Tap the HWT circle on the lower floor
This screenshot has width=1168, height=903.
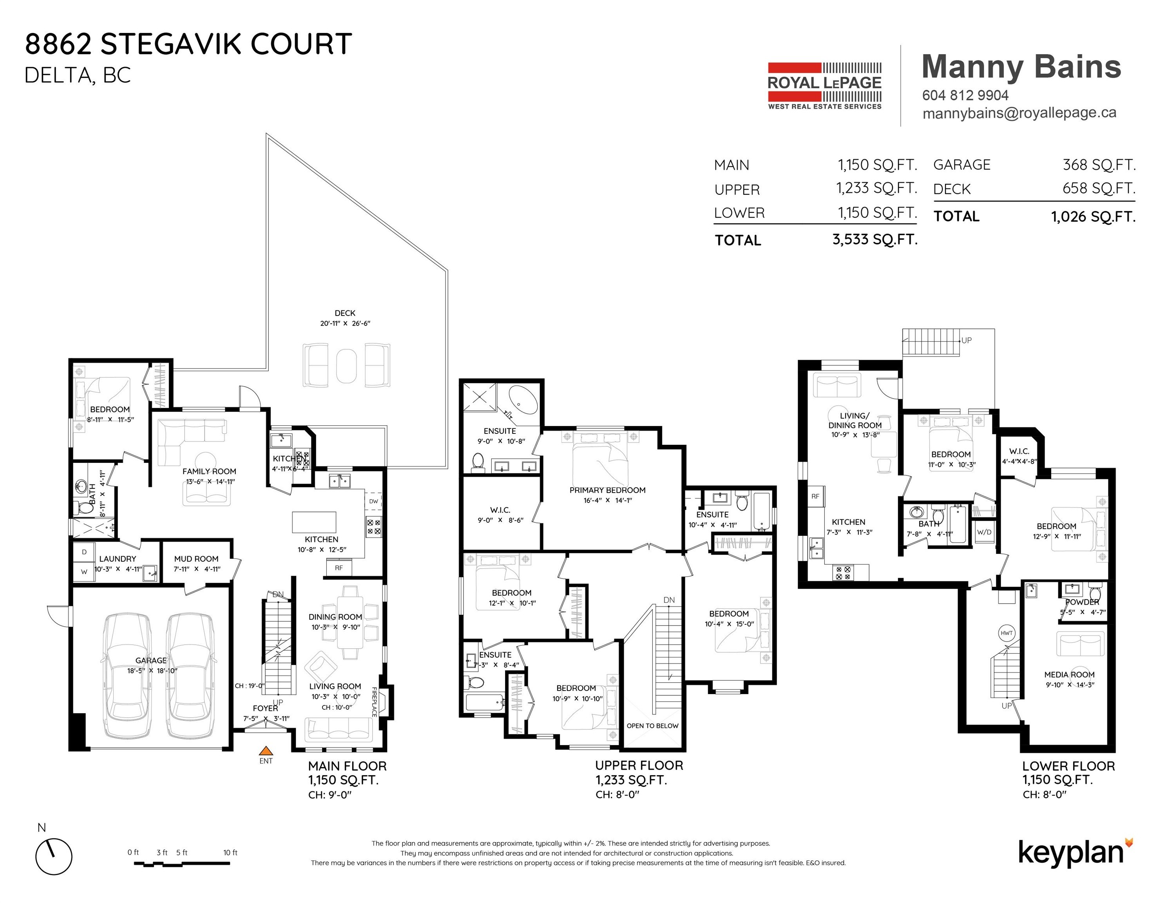tap(1007, 633)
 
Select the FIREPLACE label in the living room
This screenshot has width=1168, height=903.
tap(374, 702)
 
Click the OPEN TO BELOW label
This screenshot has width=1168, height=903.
tap(652, 726)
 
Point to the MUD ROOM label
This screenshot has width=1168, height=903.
tap(196, 558)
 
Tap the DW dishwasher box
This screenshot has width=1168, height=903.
tap(373, 501)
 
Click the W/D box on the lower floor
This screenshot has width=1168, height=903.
tap(984, 532)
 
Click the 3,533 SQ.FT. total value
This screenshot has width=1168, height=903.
tap(875, 239)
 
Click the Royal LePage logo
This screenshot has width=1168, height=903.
tap(825, 85)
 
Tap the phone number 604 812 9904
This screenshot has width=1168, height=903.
tap(965, 95)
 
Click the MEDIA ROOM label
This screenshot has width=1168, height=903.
tap(1069, 675)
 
